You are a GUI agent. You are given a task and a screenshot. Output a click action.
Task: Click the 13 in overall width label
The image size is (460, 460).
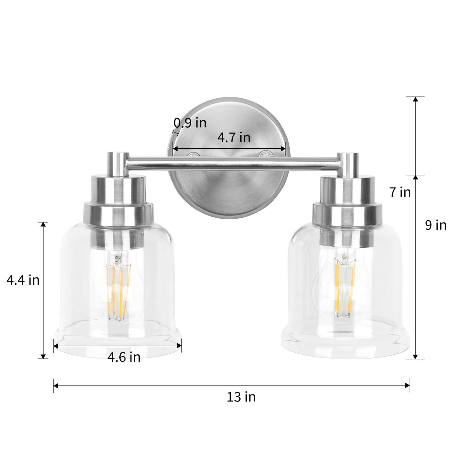pos(241,397)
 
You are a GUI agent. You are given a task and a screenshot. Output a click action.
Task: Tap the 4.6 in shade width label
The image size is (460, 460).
pos(124,357)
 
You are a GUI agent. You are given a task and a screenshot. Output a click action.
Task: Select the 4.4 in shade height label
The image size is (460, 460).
pos(23,280)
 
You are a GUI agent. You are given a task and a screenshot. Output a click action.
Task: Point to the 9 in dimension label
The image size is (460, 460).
pos(436,225)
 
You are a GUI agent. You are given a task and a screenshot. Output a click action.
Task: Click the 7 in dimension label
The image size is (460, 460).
pos(400,192)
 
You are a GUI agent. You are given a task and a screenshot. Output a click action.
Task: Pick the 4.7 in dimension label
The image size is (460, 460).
pos(234,138)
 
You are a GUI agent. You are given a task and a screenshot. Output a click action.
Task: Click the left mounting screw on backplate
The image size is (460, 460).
pos(193,155)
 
